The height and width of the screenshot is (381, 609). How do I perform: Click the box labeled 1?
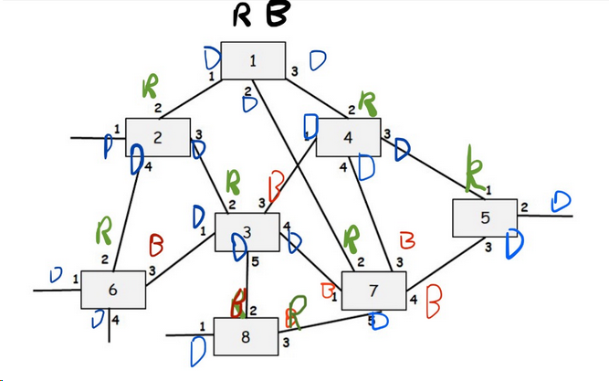click(x=253, y=61)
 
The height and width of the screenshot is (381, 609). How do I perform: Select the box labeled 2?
click(x=158, y=138)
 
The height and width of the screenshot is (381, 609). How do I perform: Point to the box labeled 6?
click(x=112, y=290)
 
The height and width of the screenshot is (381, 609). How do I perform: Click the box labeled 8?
click(x=245, y=335)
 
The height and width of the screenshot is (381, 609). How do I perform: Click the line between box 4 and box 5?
click(x=425, y=166)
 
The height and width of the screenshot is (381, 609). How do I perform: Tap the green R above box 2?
click(x=149, y=89)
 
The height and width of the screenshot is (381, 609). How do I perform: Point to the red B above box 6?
click(x=156, y=245)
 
